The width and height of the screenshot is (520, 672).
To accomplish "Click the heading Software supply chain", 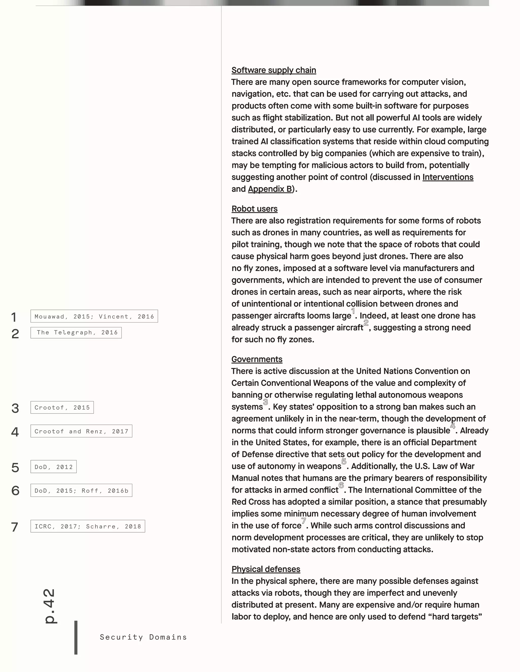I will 273,70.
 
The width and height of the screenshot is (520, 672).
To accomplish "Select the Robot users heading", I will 254,209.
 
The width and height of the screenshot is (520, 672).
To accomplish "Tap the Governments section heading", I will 257,359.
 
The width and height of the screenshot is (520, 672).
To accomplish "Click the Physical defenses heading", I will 266,569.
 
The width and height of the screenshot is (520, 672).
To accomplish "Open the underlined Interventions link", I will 448,177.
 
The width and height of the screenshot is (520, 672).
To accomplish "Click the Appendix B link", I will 270,189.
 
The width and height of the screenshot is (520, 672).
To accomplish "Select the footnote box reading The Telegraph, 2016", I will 76,333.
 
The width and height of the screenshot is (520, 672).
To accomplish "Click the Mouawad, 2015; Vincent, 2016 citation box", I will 94,316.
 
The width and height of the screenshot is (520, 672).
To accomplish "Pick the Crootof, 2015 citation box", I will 62,408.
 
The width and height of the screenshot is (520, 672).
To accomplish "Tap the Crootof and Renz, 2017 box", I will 81,431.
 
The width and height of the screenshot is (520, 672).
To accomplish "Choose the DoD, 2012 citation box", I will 54,467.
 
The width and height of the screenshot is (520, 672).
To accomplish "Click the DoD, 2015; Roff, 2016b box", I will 81,490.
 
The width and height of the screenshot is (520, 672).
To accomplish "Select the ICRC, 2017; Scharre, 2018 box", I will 88,526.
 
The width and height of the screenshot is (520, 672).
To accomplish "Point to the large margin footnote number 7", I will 15,527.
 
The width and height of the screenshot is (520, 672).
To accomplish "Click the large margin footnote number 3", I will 15,408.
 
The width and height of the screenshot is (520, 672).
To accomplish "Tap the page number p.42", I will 49,606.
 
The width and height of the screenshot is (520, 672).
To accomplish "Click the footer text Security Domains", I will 143,637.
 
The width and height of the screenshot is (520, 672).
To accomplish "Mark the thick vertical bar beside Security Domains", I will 76,637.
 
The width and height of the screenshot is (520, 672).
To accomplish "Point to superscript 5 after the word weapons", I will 344,461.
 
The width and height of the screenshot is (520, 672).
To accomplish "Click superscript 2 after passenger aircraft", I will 366,323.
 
